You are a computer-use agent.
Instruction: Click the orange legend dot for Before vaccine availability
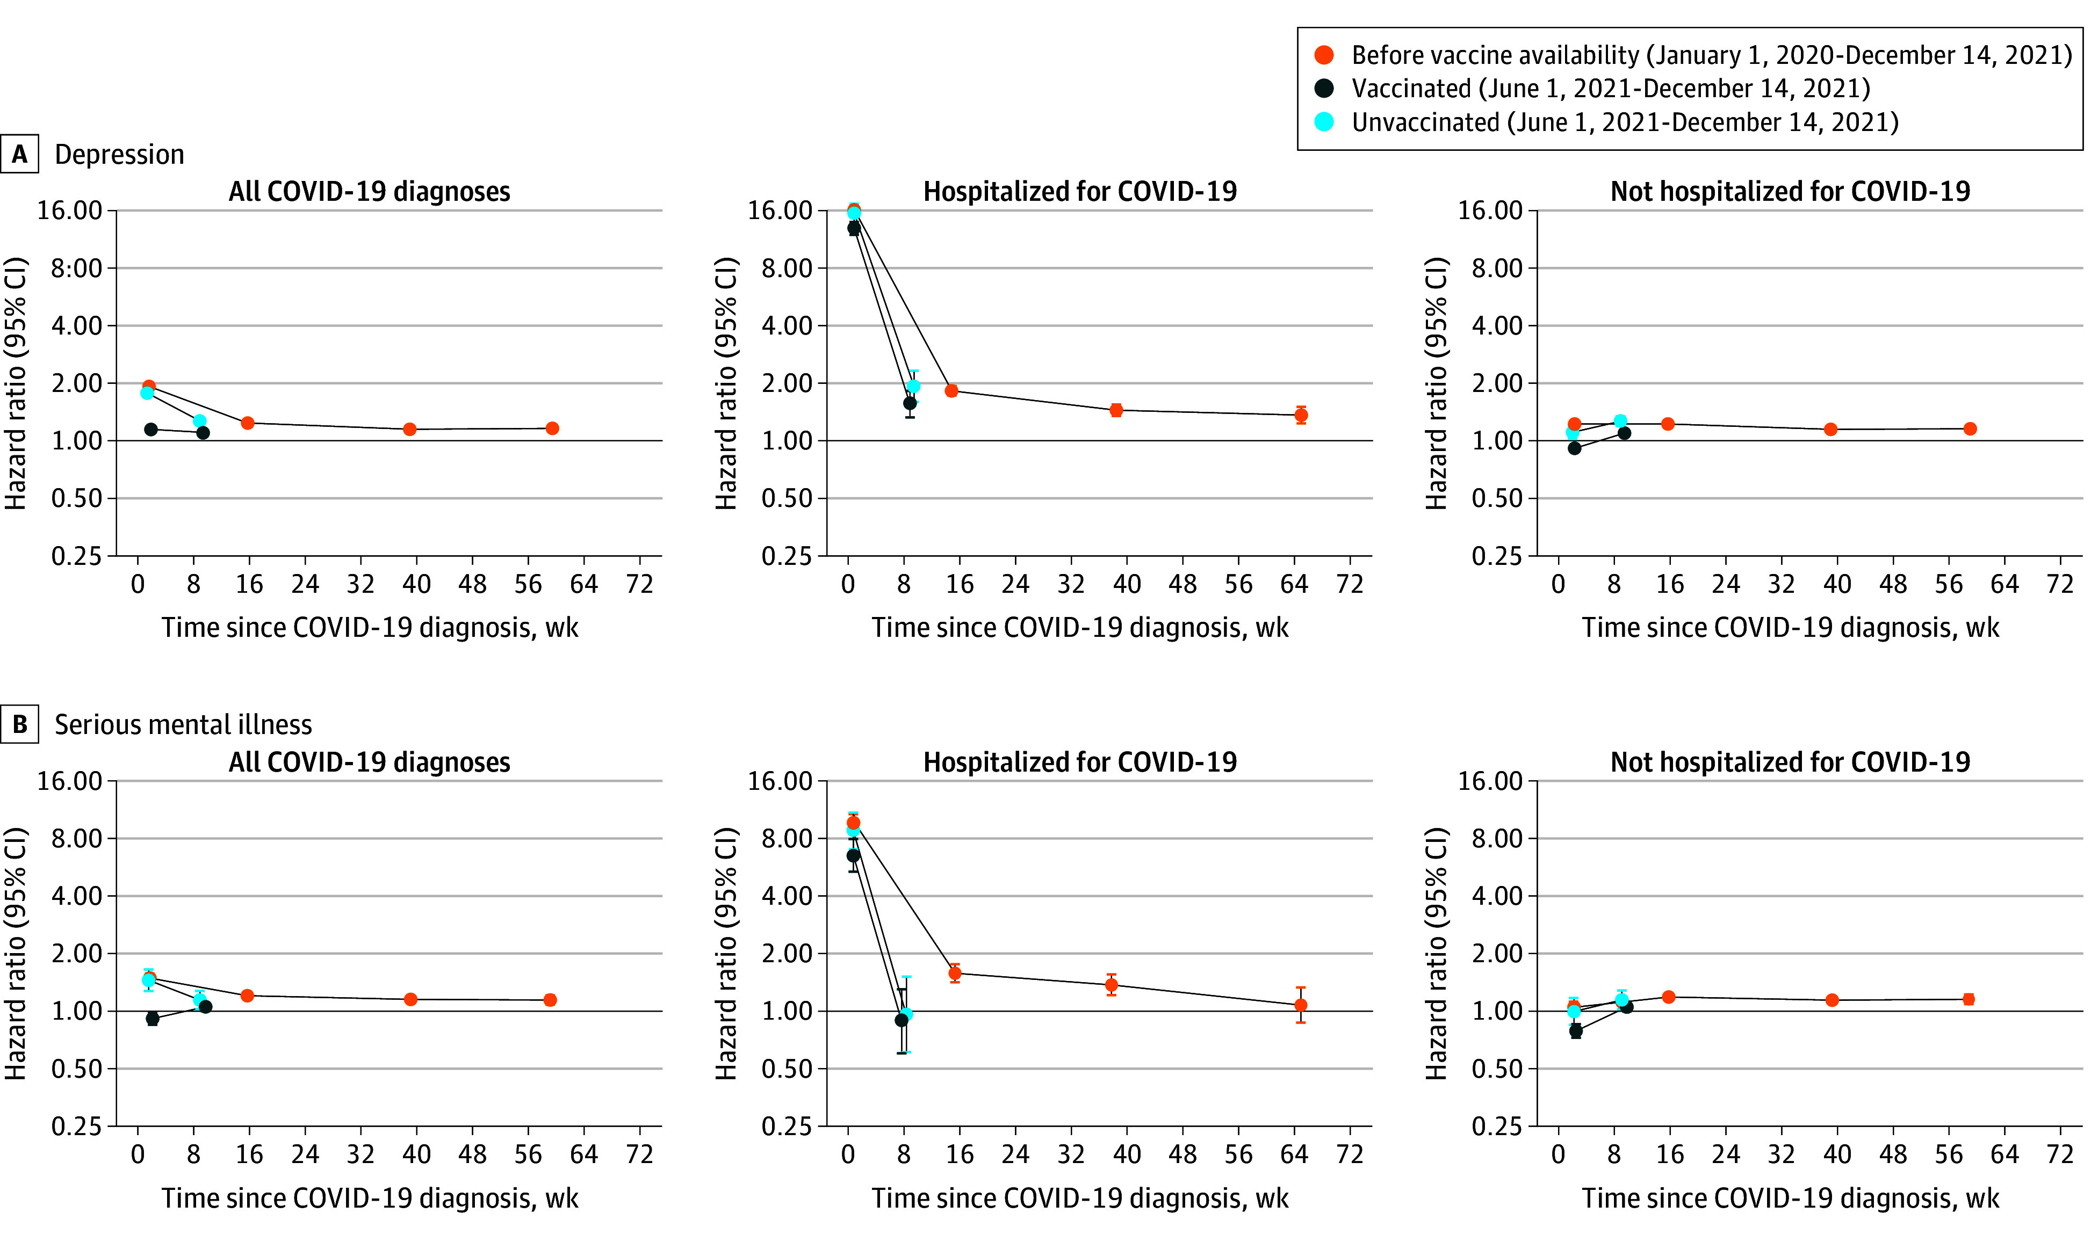point(1323,55)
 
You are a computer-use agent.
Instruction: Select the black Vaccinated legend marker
point(1323,88)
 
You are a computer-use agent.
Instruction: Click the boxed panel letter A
point(19,155)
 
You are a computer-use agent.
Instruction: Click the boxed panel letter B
point(19,725)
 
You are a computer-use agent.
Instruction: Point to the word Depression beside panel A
point(119,155)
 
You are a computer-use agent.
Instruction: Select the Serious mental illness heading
point(183,725)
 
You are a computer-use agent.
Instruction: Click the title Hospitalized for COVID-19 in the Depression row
point(1080,191)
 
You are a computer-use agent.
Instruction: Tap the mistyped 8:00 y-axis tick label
point(77,268)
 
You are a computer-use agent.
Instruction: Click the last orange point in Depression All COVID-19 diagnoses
point(552,428)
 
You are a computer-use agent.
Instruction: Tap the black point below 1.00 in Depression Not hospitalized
point(1574,448)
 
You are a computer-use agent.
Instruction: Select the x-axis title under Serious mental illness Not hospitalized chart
point(1790,1198)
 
